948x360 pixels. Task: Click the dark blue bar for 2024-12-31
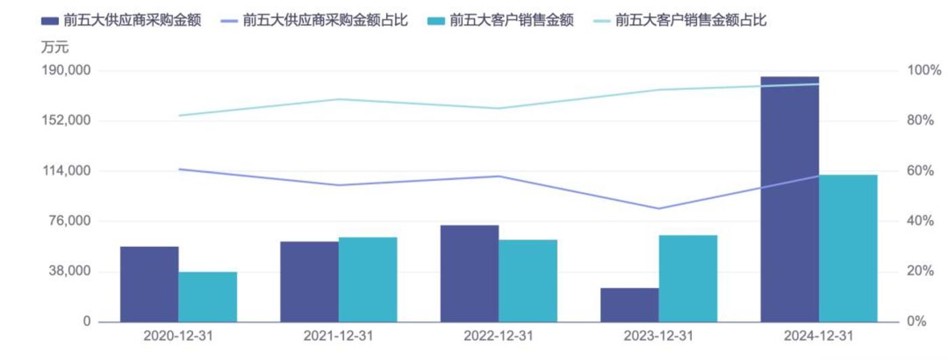tap(789, 199)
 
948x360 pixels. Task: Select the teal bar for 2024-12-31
tap(848, 248)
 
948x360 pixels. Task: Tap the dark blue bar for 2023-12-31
tap(630, 305)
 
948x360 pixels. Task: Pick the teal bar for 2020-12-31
tap(208, 297)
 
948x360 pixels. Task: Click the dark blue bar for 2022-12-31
tap(470, 273)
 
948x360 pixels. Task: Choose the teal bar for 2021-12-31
tap(368, 279)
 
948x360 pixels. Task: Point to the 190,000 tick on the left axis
tap(68, 71)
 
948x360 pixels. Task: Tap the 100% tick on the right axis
tap(924, 71)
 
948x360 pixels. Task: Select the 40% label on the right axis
tap(924, 221)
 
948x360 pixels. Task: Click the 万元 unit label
tap(55, 47)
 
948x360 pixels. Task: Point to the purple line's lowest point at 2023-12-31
tap(658, 208)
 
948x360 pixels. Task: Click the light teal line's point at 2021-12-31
tap(338, 100)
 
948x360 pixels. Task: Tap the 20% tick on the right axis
tap(924, 271)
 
